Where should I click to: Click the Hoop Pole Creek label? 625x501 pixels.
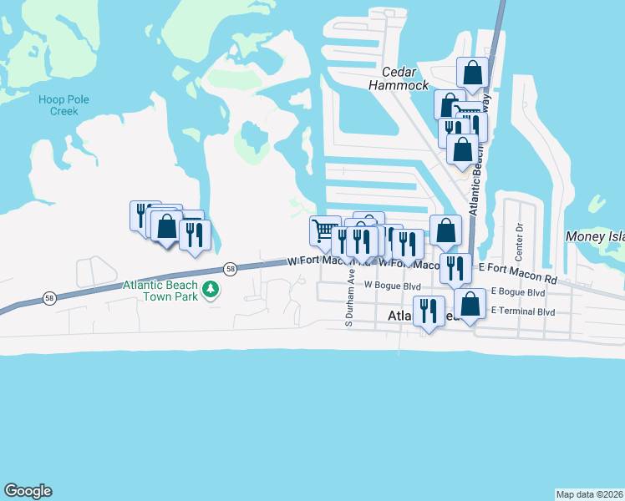coord(64,105)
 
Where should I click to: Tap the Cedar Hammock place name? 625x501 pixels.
coord(399,78)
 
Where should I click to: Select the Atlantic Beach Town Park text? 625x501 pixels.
coord(162,290)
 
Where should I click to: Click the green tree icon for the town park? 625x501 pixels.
coord(212,290)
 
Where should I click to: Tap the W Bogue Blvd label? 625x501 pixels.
coord(393,285)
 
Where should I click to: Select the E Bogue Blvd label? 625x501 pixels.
coord(518,293)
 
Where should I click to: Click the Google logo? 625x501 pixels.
coord(28,491)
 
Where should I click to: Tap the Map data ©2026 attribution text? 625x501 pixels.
coord(590,493)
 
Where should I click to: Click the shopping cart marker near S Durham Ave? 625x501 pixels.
coord(324,230)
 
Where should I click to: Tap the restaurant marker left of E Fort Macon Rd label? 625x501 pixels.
coord(455,268)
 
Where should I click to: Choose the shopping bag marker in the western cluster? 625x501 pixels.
coord(166,225)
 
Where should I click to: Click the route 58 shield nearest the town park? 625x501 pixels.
coord(230,268)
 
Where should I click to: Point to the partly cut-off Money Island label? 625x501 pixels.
coord(595,237)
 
